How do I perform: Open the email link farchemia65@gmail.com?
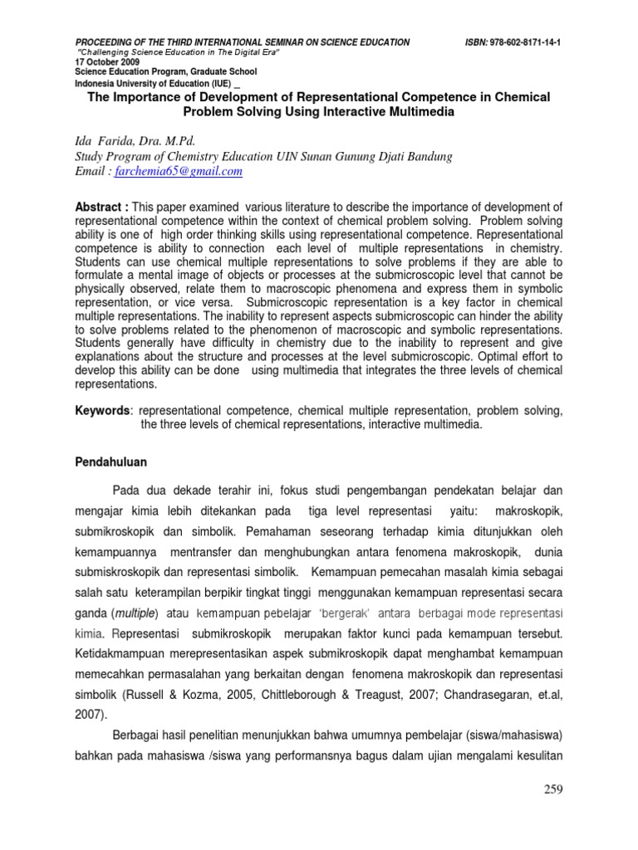point(190,172)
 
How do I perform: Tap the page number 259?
point(551,789)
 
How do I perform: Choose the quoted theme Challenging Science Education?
point(140,51)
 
